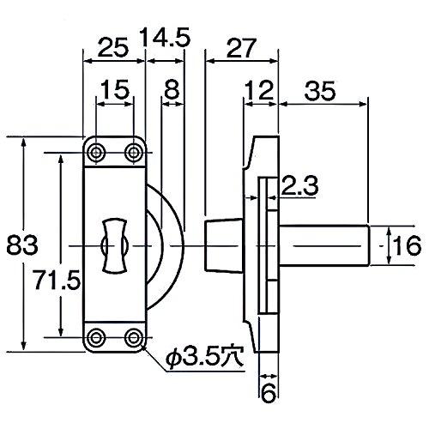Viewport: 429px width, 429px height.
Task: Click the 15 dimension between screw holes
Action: pos(114,89)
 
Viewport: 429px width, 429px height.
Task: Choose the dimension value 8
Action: pos(172,89)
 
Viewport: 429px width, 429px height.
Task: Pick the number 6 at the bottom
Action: pos(269,394)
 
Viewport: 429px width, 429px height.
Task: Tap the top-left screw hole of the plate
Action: pos(97,153)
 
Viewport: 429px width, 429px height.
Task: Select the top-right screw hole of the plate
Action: pos(133,153)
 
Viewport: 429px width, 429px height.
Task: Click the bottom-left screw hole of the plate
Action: pos(97,335)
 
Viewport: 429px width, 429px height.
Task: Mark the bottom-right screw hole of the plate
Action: pos(133,335)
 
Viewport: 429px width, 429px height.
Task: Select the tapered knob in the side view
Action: pos(224,245)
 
